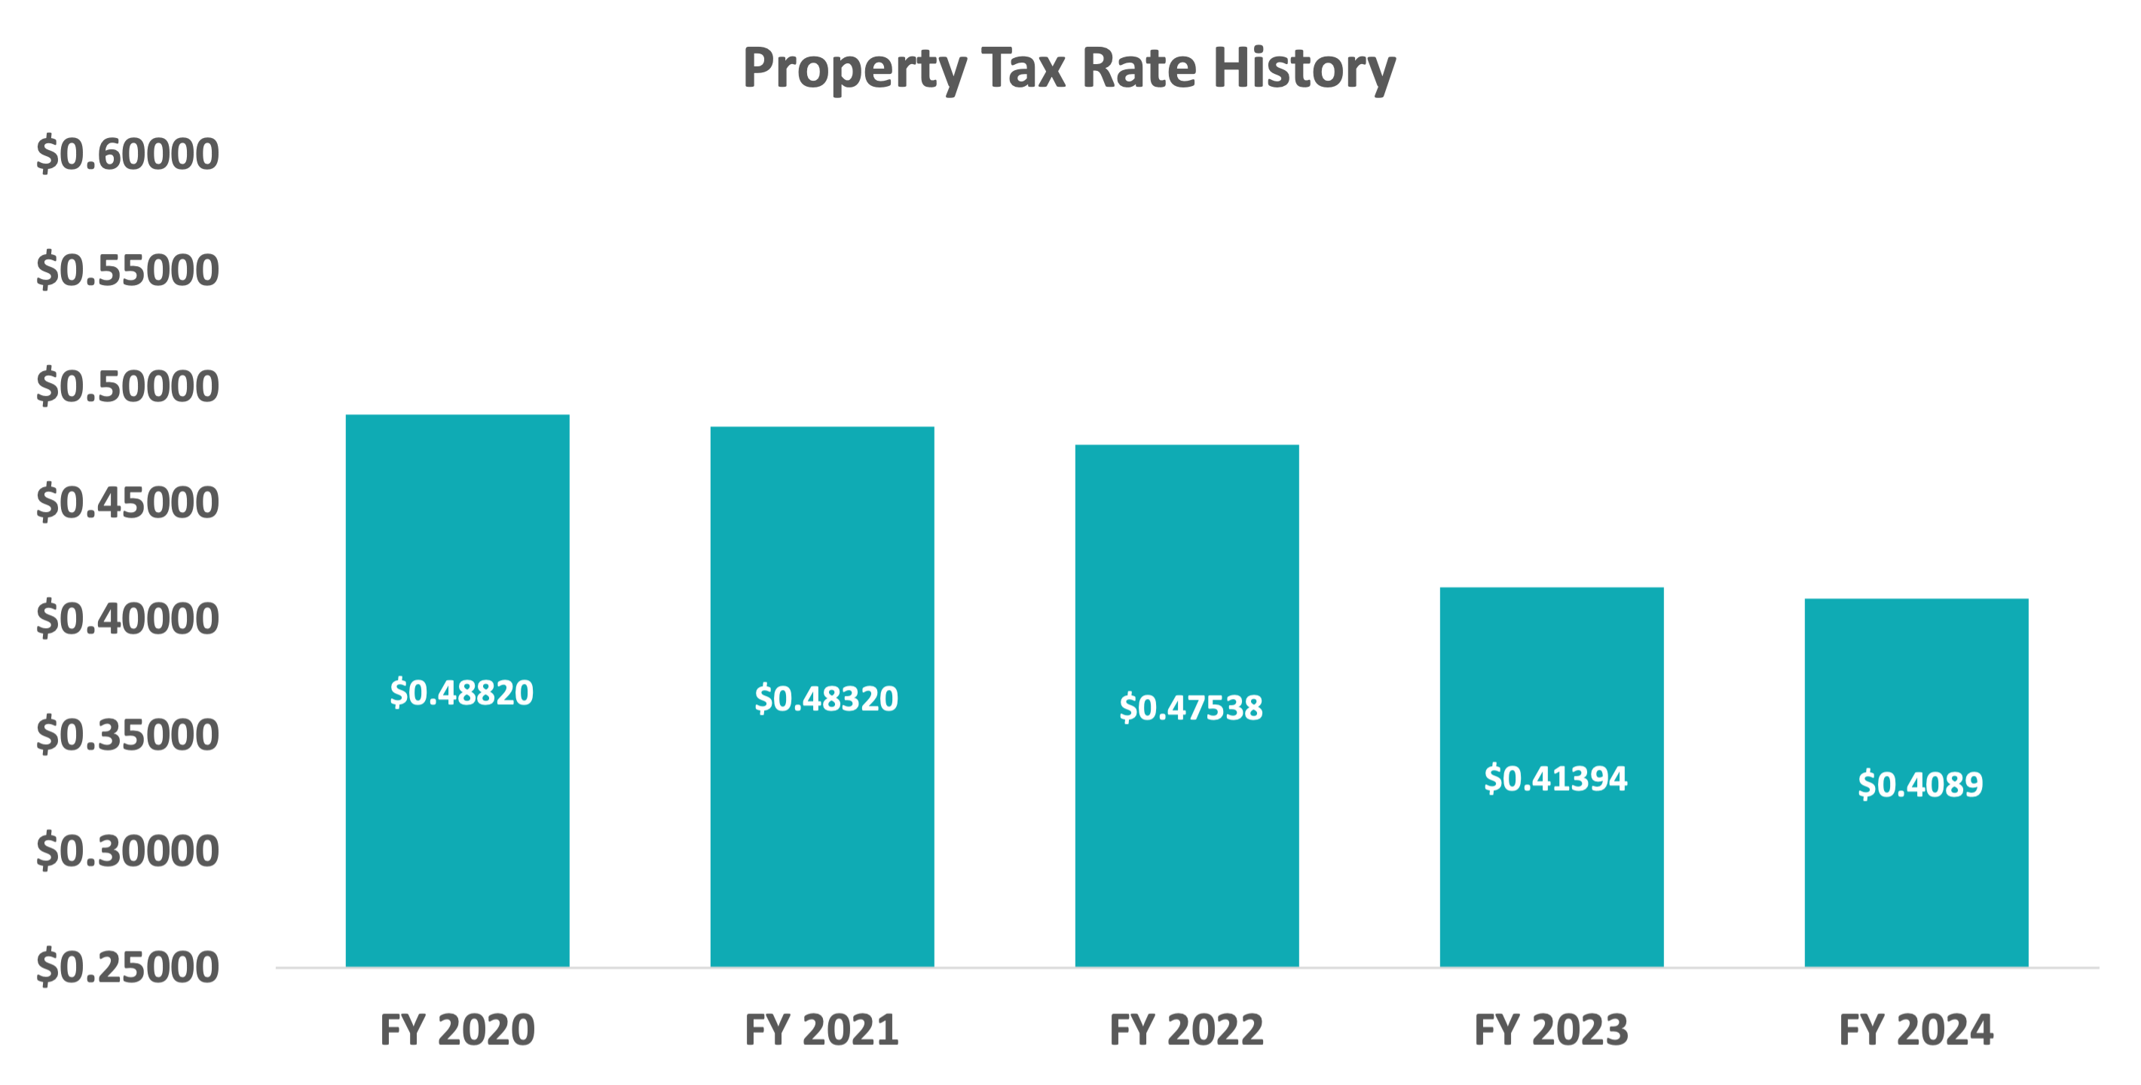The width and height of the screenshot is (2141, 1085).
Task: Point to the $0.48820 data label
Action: coord(461,693)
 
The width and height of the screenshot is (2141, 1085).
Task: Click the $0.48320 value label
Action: coord(826,698)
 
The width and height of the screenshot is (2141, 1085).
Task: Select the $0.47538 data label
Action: coord(1190,707)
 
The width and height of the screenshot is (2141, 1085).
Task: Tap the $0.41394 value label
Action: coord(1555,778)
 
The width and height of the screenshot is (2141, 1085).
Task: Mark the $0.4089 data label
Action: coord(1920,784)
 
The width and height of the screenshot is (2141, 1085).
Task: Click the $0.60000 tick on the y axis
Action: coord(127,155)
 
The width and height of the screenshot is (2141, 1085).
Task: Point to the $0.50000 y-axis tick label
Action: coord(127,387)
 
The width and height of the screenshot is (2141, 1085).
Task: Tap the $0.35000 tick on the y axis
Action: coord(127,735)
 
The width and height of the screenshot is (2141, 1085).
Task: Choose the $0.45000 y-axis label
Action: coord(127,503)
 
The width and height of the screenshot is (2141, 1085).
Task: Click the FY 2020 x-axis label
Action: coord(457,1029)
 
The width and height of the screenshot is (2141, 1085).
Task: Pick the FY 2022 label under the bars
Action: coord(1186,1029)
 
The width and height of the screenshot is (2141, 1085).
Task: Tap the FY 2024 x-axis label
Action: coord(1916,1029)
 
